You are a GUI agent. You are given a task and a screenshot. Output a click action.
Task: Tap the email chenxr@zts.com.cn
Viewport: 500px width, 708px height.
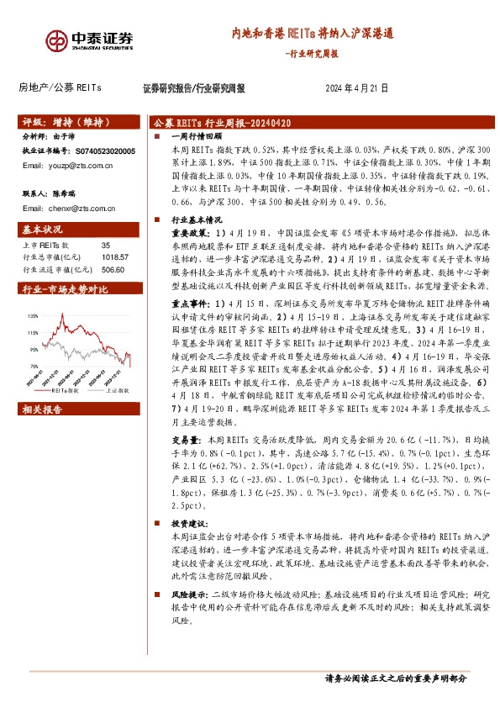point(70,207)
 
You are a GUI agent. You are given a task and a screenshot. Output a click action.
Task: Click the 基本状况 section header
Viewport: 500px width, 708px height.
point(42,230)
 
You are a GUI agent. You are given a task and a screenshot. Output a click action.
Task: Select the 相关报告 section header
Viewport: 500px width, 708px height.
point(42,409)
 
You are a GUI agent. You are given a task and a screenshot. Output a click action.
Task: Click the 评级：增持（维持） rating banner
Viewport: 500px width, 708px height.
point(60,121)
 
